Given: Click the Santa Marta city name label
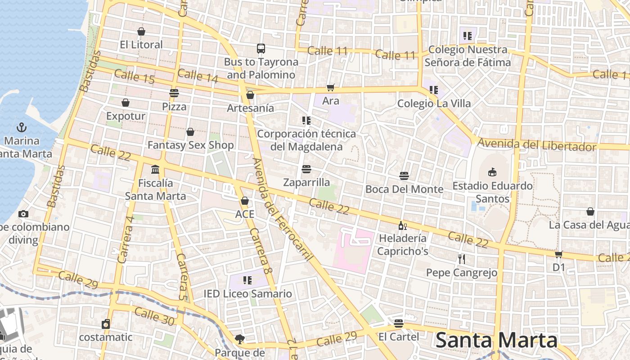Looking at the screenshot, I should [x=497, y=341].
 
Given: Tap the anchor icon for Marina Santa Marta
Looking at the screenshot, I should [x=21, y=127].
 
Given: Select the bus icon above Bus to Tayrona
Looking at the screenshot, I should [x=261, y=49].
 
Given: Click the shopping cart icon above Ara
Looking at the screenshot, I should [x=331, y=87].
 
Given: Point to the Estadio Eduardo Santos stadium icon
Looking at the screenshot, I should [x=492, y=172].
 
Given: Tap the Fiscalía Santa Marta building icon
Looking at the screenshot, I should [x=155, y=170].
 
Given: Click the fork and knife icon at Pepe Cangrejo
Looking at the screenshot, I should [x=461, y=259].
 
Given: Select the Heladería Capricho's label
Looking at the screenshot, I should [x=403, y=244].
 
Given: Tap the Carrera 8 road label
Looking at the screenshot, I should [x=261, y=251].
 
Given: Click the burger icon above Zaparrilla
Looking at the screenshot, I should [x=306, y=169].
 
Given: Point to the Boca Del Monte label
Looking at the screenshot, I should [x=404, y=189].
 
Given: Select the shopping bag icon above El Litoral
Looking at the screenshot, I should [x=141, y=31].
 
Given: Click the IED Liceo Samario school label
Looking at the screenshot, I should [x=247, y=294].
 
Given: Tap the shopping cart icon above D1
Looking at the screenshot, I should [x=558, y=254].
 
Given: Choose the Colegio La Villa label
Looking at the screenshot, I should [x=434, y=103].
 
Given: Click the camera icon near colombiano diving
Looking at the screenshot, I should [x=23, y=214].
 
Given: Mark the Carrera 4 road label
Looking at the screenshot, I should [x=126, y=240].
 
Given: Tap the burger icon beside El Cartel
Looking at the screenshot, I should [x=398, y=324].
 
